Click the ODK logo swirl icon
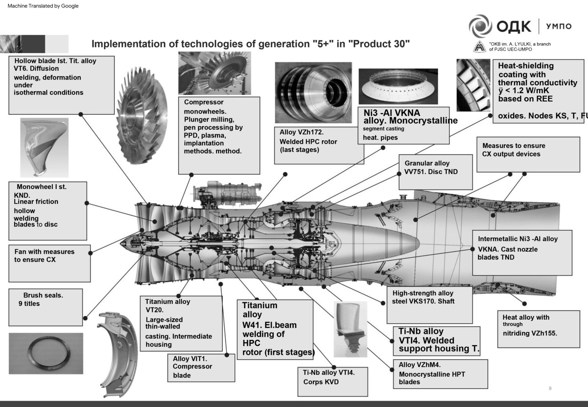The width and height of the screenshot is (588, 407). (480, 26)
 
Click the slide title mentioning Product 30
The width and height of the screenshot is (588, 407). (250, 44)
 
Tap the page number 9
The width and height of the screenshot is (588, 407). (550, 388)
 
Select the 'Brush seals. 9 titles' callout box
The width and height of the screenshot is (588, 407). (46, 307)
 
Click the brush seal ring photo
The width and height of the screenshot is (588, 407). (46, 353)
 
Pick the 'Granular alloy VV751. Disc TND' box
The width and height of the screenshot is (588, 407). (435, 172)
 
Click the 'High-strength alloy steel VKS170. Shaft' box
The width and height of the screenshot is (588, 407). (429, 305)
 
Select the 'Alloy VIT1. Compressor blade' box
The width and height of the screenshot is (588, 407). (201, 368)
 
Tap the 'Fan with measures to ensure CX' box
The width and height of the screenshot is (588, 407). (49, 263)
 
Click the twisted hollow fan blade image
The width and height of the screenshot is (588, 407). (44, 147)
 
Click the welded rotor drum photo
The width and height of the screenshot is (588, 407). (313, 92)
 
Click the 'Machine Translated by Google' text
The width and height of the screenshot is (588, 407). (43, 6)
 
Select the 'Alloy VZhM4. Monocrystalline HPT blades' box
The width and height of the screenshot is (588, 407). (440, 374)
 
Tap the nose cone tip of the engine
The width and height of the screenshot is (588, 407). (122, 243)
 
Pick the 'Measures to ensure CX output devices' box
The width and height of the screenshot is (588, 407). (528, 154)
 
